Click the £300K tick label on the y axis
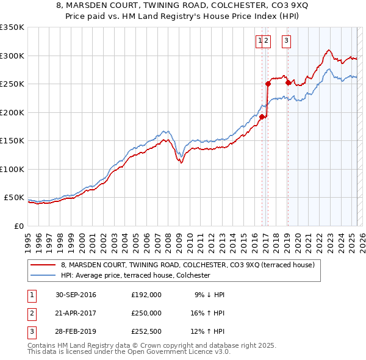[x=12, y=56]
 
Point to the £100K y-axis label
[x=12, y=169]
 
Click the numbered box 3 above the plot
[x=286, y=41]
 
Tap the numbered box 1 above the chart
[x=260, y=41]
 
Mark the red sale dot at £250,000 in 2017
[x=268, y=84]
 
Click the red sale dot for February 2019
[x=288, y=82]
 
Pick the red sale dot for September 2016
[x=262, y=117]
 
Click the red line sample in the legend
[x=43, y=265]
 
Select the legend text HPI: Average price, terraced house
[x=135, y=275]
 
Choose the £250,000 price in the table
[x=146, y=312]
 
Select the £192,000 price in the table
[x=146, y=295]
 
